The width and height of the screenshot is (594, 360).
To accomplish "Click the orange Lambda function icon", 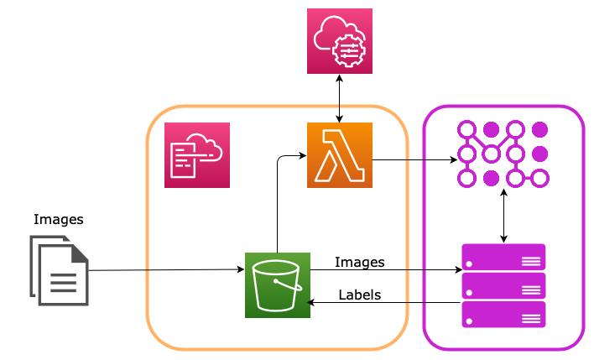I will point(340,155).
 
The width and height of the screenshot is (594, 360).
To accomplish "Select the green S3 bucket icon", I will point(277,285).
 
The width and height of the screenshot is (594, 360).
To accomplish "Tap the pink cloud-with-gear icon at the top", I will point(340,41).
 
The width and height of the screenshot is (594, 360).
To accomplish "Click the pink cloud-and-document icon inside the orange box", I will point(196,155).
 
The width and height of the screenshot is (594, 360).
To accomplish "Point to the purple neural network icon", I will point(503,154).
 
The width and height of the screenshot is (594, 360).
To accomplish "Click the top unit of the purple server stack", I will point(503,257).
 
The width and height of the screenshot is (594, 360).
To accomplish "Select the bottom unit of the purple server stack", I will point(503,315).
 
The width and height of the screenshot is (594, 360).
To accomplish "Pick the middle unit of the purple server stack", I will point(503,286).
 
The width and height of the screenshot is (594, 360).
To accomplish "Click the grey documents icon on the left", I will point(59,270).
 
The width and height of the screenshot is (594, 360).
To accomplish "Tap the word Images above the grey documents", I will point(59,220).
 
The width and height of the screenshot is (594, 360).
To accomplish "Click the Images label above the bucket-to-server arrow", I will point(360,262).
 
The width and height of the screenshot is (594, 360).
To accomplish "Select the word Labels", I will point(360,295).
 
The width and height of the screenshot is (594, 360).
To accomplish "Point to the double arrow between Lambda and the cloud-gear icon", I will point(340,98).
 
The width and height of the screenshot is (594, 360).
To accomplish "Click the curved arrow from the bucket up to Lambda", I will point(278,193).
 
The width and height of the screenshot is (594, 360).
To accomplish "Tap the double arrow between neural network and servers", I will point(503,216).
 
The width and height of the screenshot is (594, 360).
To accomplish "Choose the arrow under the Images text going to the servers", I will point(386,270).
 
